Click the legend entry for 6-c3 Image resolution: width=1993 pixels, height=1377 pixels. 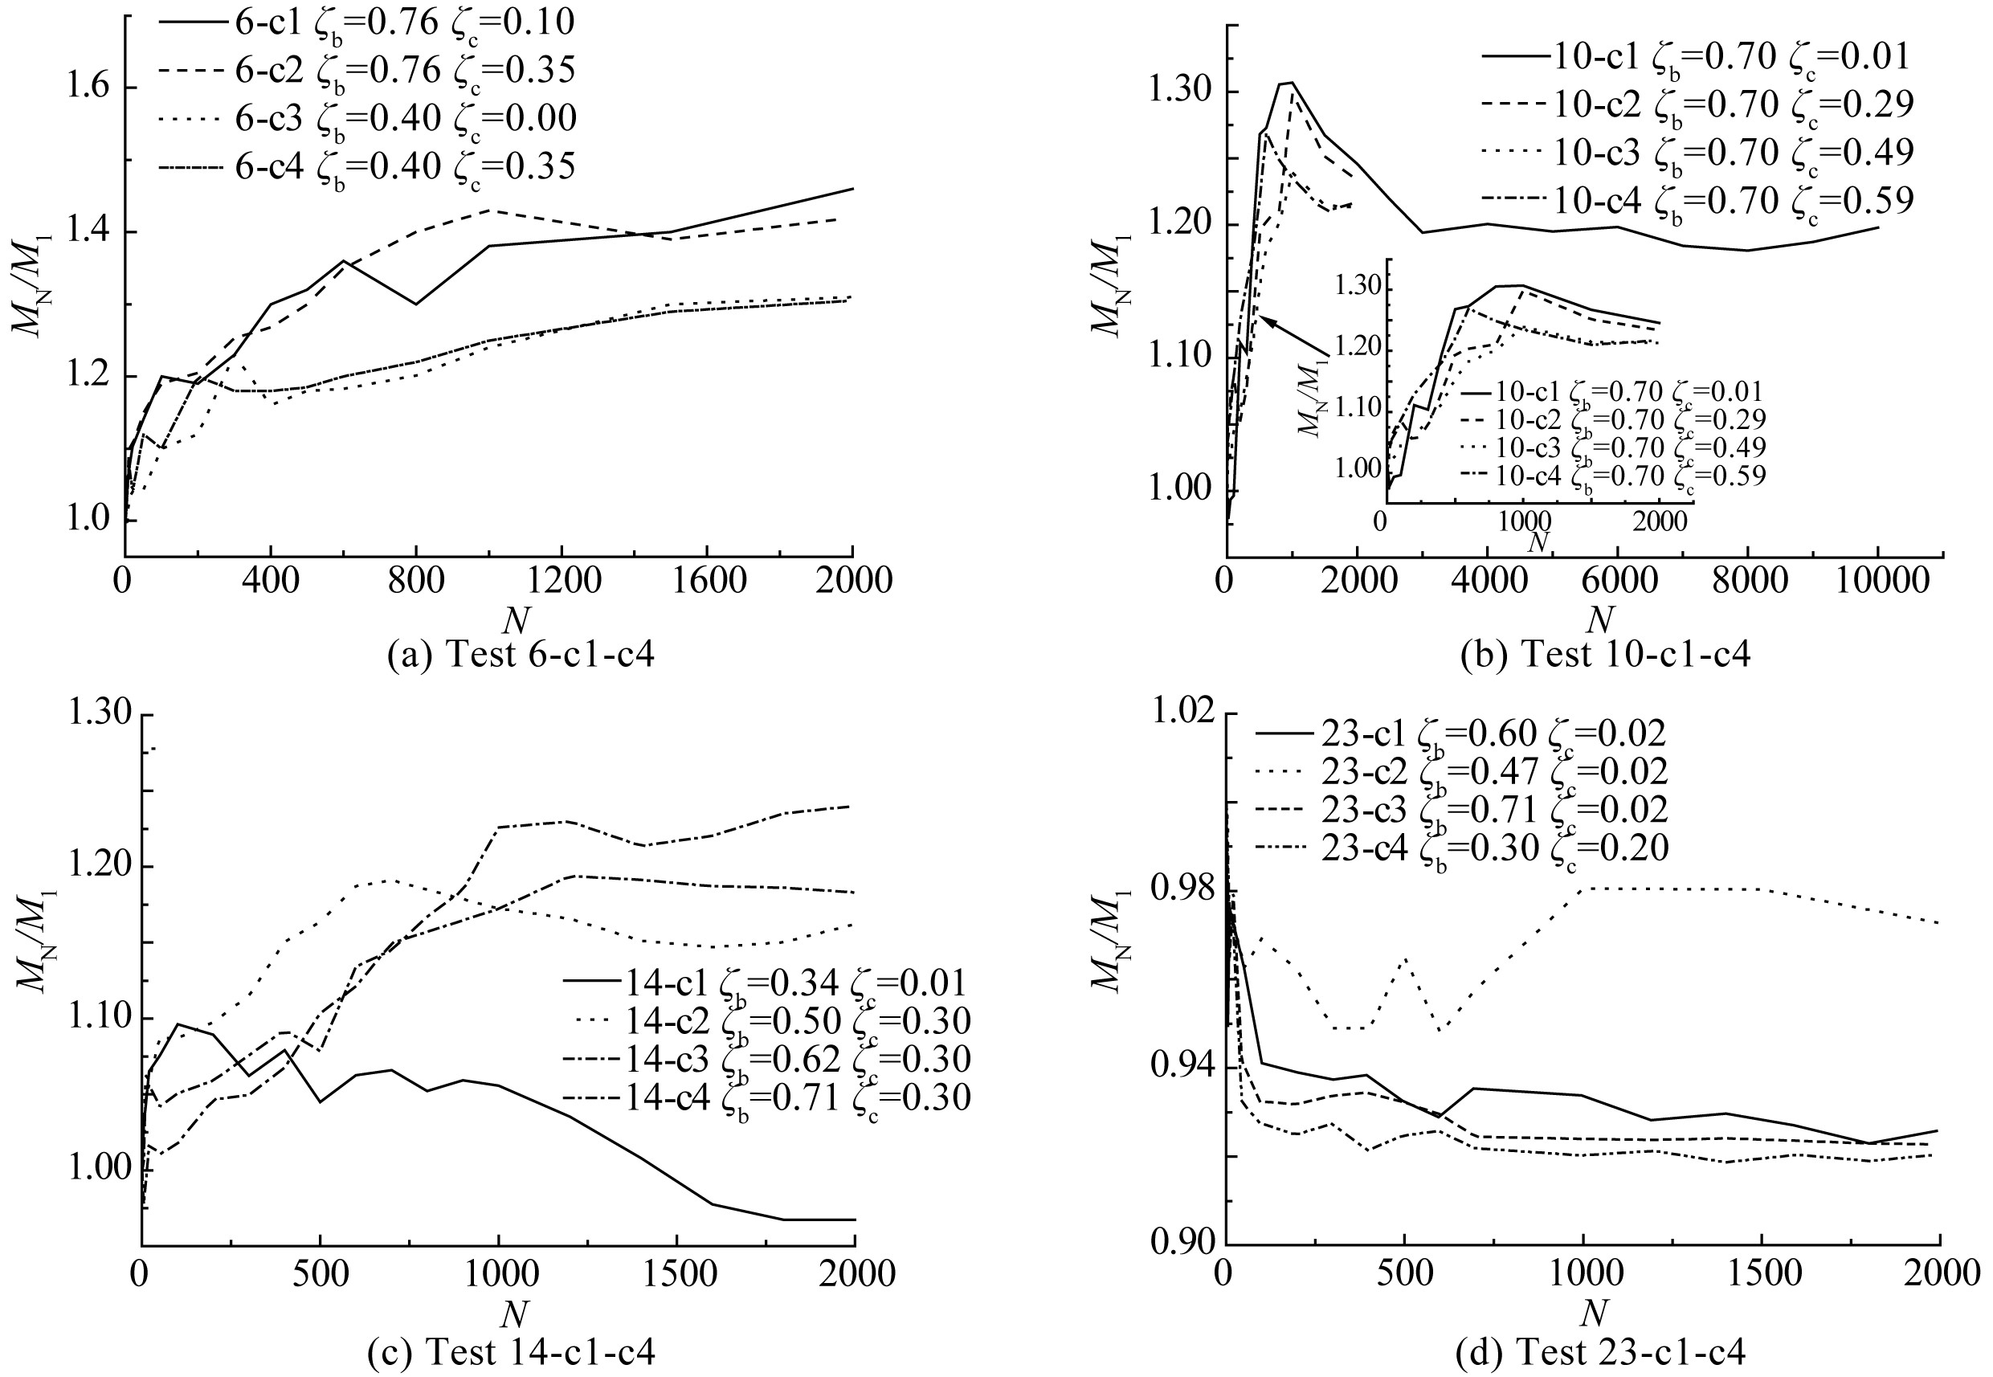(366, 118)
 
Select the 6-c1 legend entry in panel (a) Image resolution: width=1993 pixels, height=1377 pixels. (366, 22)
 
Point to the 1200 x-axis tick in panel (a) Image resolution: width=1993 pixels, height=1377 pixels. (561, 581)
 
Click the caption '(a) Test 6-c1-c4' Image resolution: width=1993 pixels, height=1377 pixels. (521, 655)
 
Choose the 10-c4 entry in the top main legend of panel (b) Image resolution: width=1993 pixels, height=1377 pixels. (1697, 201)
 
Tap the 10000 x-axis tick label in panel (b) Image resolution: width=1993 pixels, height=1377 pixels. (1877, 581)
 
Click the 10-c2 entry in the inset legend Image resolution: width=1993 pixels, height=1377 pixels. (1613, 420)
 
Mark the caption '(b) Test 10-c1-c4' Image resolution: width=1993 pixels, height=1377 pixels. (1606, 655)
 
